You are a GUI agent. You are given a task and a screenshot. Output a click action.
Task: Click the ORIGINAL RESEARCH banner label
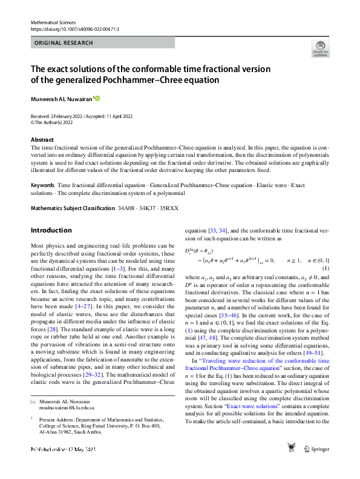coord(64,43)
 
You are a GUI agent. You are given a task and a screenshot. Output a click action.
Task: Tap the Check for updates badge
coord(319,49)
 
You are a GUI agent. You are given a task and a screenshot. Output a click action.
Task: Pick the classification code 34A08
coord(126,208)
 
